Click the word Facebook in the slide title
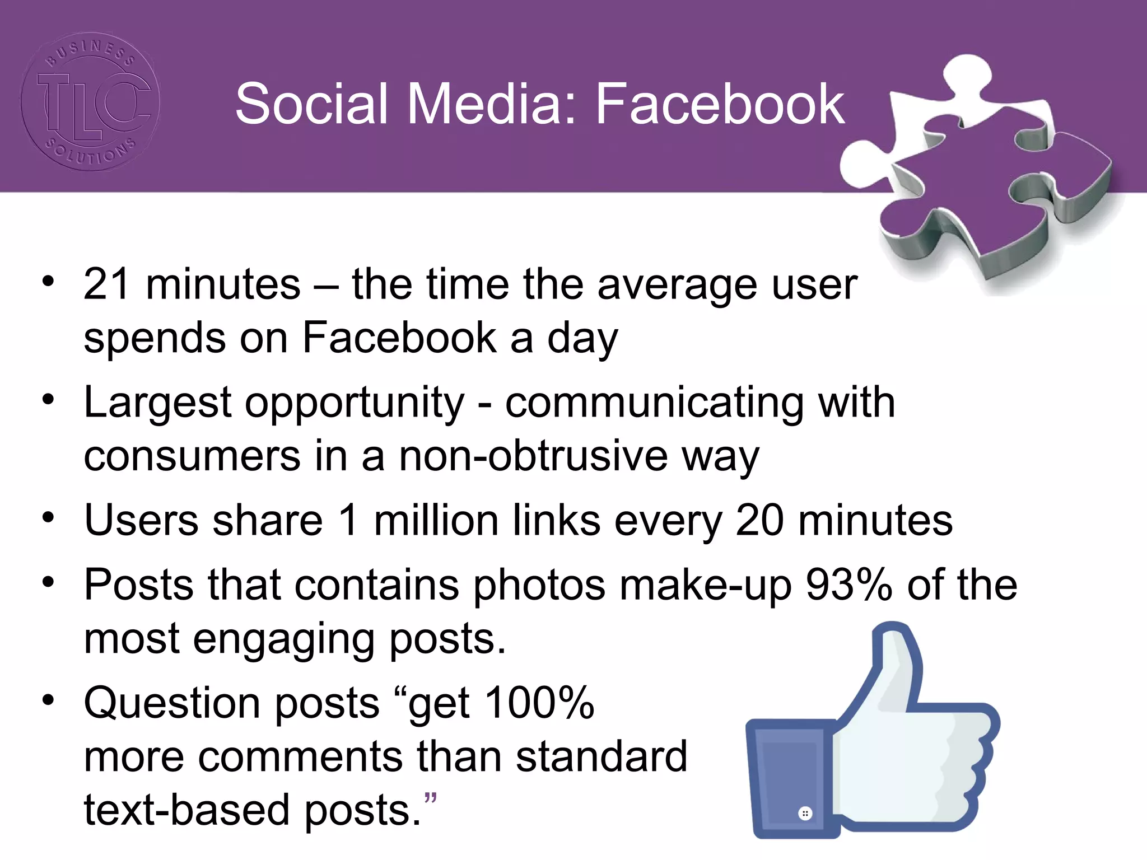tap(719, 104)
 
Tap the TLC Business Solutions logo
tap(90, 101)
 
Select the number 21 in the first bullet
tap(107, 284)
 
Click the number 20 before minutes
tap(759, 520)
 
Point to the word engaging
tap(284, 639)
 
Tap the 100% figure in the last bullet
tap(539, 703)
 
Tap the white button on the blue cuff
tap(805, 813)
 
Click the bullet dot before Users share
tap(49, 517)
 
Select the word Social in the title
tap(311, 104)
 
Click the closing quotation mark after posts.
tap(430, 798)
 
